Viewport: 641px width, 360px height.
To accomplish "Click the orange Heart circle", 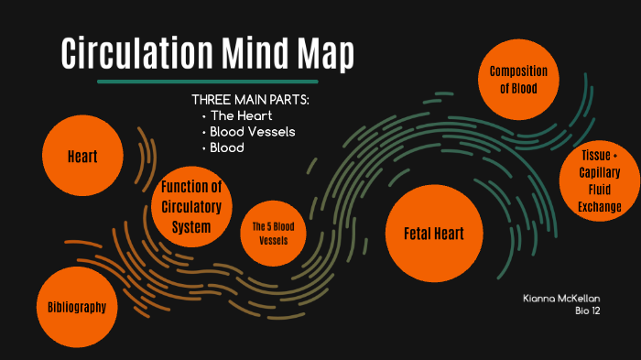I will tap(82, 157).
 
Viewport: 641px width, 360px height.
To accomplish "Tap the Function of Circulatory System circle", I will tap(191, 207).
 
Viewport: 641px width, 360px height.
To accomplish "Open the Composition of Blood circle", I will tap(518, 80).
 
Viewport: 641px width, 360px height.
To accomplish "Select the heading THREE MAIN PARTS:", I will tap(250, 99).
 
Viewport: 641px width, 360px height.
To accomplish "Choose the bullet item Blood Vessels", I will tap(252, 131).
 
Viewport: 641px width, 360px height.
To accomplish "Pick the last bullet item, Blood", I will tap(227, 147).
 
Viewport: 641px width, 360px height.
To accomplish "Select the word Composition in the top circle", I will tap(518, 71).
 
